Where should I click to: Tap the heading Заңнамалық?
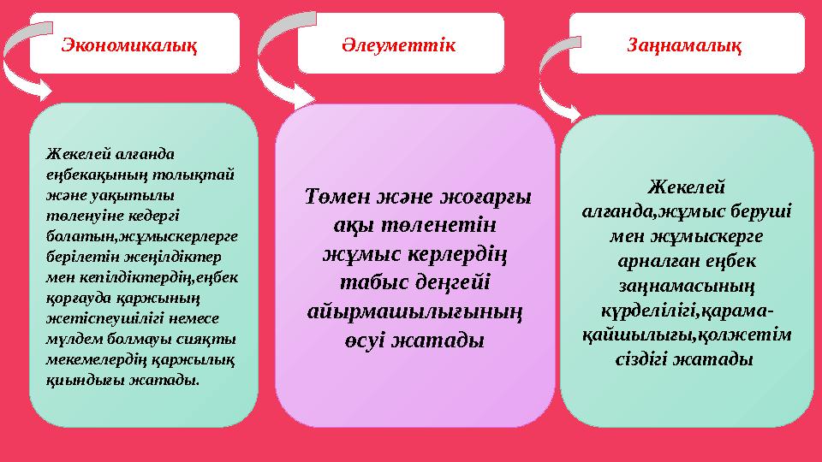pyautogui.click(x=685, y=43)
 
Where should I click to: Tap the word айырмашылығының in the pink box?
pyautogui.click(x=414, y=311)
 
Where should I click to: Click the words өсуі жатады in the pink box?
pyautogui.click(x=414, y=341)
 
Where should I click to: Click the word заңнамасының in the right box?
pyautogui.click(x=685, y=281)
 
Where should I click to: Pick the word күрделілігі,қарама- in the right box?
pyautogui.click(x=685, y=305)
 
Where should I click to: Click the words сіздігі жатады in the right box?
pyautogui.click(x=685, y=359)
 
